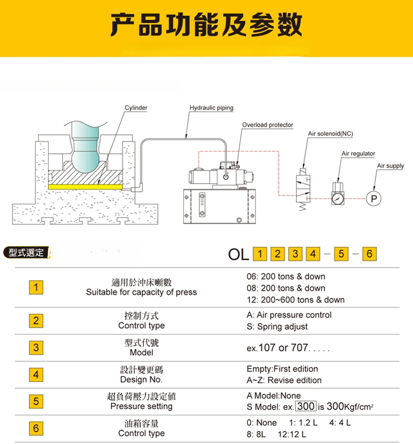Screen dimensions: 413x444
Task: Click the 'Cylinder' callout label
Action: coord(136,108)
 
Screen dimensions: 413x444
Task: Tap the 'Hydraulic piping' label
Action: coord(211,108)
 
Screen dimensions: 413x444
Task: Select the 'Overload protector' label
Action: coord(268,125)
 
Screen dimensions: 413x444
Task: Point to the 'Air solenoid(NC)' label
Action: coord(330,134)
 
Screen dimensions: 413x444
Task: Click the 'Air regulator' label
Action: coord(358,153)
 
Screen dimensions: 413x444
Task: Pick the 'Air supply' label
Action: coord(391,166)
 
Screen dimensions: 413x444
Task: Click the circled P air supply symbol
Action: coord(374,199)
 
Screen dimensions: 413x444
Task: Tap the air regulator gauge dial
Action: coord(338,199)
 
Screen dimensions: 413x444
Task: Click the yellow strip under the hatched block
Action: coord(85,187)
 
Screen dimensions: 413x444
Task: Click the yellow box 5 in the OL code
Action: coord(341,254)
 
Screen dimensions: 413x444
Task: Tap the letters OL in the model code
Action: coord(238,254)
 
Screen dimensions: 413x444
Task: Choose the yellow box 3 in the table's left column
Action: coord(36,348)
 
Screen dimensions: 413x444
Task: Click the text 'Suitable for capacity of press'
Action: coord(141,292)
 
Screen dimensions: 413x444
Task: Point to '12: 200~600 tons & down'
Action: coord(295,300)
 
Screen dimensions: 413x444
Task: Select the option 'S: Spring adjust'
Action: coord(277,327)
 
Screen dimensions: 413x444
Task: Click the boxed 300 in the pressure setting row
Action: coord(306,406)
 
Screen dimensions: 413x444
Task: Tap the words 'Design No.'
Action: coord(141,380)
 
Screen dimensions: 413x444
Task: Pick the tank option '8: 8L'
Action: coord(256,434)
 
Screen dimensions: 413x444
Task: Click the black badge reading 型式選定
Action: coord(26,253)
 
